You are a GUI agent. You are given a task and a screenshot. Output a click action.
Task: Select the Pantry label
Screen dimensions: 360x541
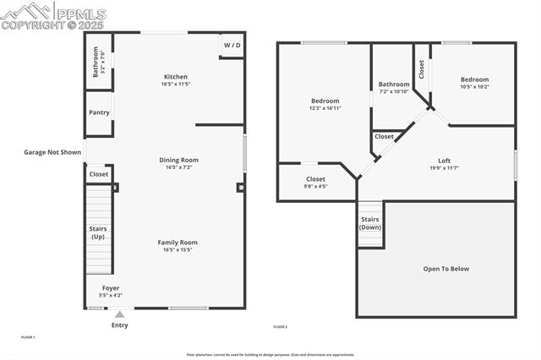click(99, 112)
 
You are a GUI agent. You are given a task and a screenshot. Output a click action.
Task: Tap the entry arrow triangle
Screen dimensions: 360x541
click(119, 315)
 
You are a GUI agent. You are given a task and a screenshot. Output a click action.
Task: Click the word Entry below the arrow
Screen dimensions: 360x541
click(119, 325)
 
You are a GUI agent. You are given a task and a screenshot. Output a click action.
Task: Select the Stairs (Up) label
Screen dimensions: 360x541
click(99, 232)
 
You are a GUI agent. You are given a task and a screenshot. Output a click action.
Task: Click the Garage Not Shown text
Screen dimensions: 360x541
click(52, 153)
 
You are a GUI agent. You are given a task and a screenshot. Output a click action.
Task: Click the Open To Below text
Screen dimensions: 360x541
click(445, 269)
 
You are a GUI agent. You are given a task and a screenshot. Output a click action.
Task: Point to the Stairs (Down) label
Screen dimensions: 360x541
click(370, 223)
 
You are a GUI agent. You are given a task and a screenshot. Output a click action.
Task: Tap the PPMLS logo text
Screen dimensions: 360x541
click(79, 14)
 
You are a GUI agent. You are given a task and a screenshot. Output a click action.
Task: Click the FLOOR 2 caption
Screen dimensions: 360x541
click(280, 327)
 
